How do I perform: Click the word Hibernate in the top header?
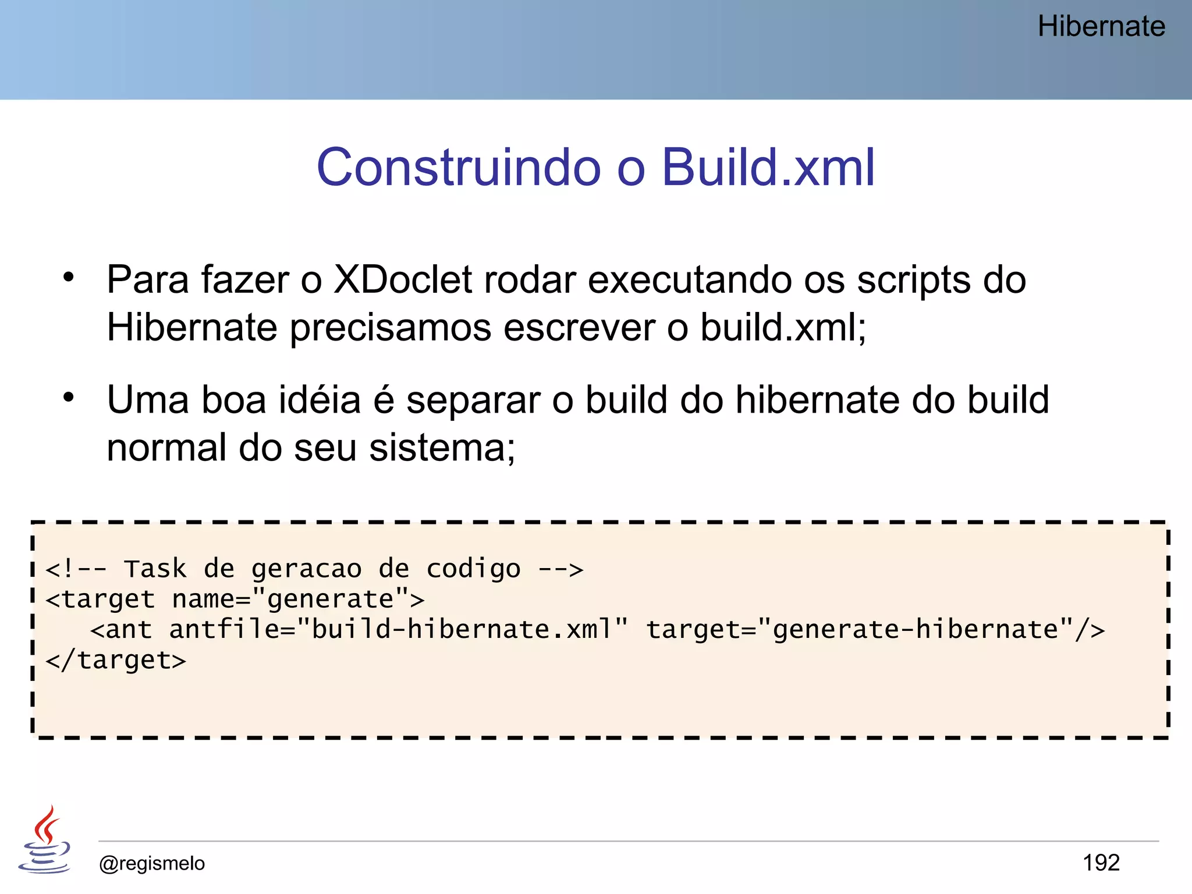(1101, 27)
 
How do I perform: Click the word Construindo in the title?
(458, 168)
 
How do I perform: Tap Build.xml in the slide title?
(768, 168)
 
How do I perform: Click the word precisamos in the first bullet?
(390, 328)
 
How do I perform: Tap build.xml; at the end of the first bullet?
(783, 328)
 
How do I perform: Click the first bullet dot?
(69, 277)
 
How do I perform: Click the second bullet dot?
(69, 398)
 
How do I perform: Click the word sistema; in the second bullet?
(442, 448)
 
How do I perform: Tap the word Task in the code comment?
(155, 569)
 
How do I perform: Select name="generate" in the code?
(290, 599)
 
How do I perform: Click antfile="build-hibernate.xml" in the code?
(399, 629)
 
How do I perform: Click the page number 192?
(1101, 863)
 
